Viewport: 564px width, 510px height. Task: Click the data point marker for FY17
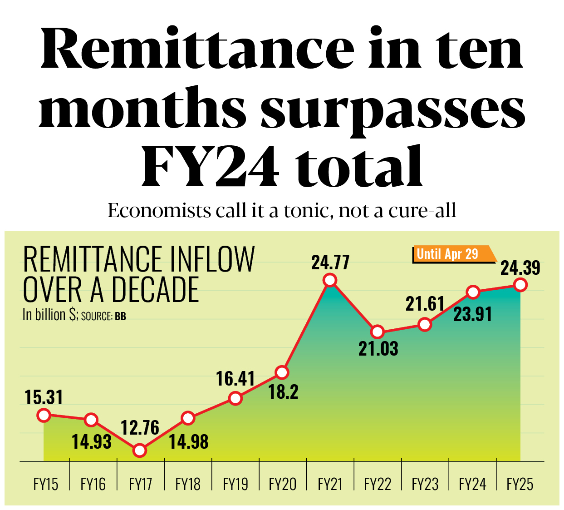click(x=140, y=451)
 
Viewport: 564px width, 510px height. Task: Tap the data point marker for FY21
click(x=330, y=280)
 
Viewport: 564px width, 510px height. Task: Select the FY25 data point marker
click(x=520, y=285)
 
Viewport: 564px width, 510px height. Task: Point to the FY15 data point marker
click(x=44, y=415)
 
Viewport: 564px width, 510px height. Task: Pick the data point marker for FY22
click(x=378, y=332)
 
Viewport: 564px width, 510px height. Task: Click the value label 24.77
click(x=330, y=262)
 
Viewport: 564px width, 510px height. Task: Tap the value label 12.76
click(x=140, y=428)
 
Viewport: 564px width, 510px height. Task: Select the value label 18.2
click(x=283, y=392)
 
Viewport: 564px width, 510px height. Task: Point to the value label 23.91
click(x=472, y=314)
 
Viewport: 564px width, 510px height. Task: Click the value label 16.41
click(x=235, y=379)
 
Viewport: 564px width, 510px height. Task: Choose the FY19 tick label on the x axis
click(x=235, y=485)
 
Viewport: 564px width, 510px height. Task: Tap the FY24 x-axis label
click(x=472, y=485)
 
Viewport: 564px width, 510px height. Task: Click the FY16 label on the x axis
click(x=93, y=485)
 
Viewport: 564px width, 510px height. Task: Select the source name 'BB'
click(x=120, y=316)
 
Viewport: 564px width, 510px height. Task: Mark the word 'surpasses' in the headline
click(x=392, y=109)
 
